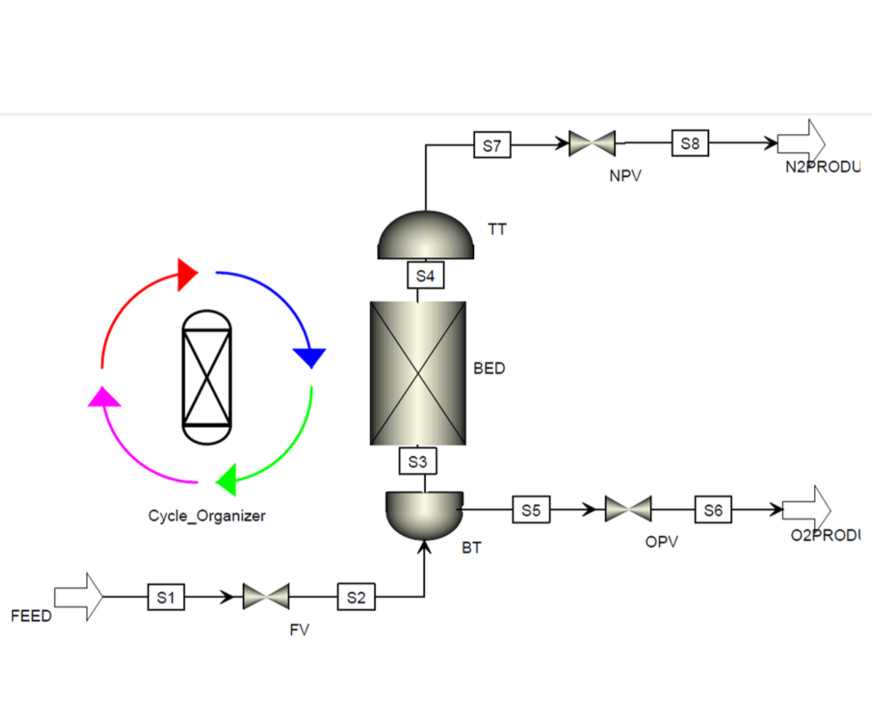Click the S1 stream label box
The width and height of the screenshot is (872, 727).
166,598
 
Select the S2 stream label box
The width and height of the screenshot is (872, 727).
356,598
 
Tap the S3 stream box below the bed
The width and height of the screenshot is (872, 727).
418,461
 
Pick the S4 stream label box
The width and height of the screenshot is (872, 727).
425,275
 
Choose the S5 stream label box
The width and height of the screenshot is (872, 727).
531,510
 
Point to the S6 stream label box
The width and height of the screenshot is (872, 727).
713,510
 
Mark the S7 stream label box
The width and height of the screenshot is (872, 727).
492,145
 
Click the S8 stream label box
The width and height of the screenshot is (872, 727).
689,143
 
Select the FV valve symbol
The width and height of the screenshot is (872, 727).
266,597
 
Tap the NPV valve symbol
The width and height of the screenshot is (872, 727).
592,143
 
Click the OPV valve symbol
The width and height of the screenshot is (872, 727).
628,509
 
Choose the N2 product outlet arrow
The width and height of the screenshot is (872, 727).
801,143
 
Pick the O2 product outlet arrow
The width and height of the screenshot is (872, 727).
807,509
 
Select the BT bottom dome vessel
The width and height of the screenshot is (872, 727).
424,513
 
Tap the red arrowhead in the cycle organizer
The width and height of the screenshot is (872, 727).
186,275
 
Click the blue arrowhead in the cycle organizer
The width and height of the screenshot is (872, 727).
310,356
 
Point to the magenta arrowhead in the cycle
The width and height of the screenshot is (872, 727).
104,397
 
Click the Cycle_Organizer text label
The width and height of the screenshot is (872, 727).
207,516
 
